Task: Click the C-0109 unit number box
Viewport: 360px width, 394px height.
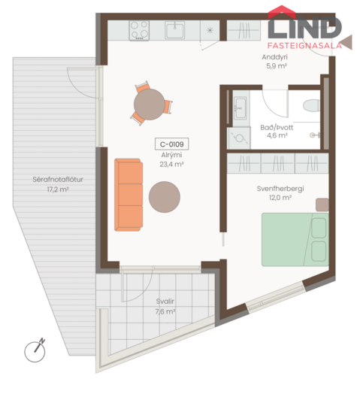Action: tap(172, 144)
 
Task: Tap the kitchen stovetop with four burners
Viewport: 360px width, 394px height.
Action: tap(139, 30)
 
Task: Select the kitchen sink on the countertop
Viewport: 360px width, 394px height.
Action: tap(175, 30)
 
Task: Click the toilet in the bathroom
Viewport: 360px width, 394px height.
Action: tap(312, 105)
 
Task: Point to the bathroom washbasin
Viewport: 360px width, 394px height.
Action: tap(241, 108)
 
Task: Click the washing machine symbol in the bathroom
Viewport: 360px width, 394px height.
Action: tap(239, 138)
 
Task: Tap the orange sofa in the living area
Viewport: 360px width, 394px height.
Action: tap(129, 195)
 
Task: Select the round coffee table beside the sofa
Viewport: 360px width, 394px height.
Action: tap(165, 197)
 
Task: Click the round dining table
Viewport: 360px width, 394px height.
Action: tap(150, 105)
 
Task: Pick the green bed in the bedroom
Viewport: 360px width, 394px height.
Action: tap(295, 239)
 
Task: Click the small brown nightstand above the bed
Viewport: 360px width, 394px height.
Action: tap(322, 205)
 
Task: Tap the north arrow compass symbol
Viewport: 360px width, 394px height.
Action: tap(35, 351)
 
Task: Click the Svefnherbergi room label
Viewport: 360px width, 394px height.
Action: tap(280, 189)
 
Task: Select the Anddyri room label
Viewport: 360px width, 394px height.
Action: tap(274, 57)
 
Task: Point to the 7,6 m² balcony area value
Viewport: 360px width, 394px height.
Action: tap(165, 311)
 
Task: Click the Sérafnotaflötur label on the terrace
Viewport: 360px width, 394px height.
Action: tap(58, 180)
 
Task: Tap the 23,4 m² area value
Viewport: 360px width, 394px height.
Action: tap(171, 165)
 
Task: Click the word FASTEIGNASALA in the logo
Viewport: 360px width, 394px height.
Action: tap(304, 46)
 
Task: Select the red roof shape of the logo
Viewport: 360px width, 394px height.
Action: tap(282, 12)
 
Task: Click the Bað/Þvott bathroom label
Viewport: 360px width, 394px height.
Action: tap(277, 127)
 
